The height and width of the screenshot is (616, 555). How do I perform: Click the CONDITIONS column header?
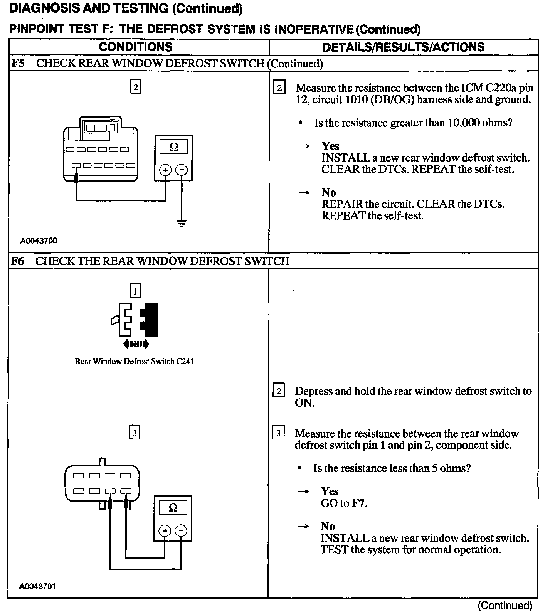[136, 47]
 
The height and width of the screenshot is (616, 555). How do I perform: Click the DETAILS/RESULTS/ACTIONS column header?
[404, 47]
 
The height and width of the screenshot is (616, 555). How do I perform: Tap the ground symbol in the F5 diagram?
[182, 224]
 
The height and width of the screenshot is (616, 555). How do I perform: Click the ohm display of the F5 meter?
[174, 147]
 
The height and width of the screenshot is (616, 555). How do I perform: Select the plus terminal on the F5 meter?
[166, 170]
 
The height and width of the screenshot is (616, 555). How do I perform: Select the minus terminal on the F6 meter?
[181, 531]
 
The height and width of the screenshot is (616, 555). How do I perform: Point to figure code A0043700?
[39, 241]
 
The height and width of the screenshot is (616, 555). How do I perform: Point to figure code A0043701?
[38, 586]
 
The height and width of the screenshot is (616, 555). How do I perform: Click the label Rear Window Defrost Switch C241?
[135, 362]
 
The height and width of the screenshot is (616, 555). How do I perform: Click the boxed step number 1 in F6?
[135, 291]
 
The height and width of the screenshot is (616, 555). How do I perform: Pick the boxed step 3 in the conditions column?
[135, 433]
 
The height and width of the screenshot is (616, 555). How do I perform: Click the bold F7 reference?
[359, 503]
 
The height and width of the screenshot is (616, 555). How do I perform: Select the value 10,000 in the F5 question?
[462, 123]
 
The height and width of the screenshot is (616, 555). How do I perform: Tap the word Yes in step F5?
[330, 146]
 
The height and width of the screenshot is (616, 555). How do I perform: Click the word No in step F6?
[328, 526]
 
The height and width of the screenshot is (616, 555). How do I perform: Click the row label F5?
[18, 63]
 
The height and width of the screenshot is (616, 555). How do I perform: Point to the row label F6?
[18, 261]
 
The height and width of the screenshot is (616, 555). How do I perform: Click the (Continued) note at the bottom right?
[505, 606]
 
